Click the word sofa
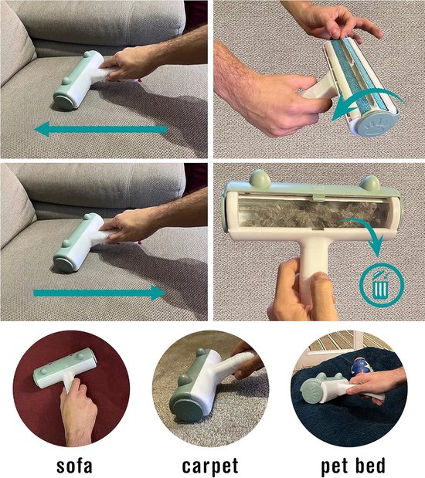(74, 466)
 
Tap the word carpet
(210, 466)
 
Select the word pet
(334, 466)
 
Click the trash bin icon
(382, 286)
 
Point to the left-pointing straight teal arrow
(100, 129)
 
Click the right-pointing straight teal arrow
(100, 293)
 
